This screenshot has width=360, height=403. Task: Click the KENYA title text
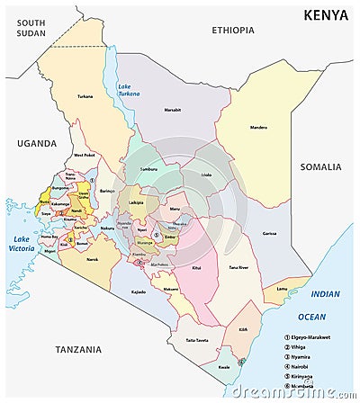327,14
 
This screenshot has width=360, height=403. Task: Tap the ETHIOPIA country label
233,30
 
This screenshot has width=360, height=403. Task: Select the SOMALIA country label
321,166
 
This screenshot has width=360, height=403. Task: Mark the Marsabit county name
172,111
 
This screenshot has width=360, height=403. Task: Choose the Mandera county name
258,128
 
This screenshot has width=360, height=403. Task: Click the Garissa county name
268,233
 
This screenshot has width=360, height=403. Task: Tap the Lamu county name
281,288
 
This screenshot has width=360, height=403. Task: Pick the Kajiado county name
139,292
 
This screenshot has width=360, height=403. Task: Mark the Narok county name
92,260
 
